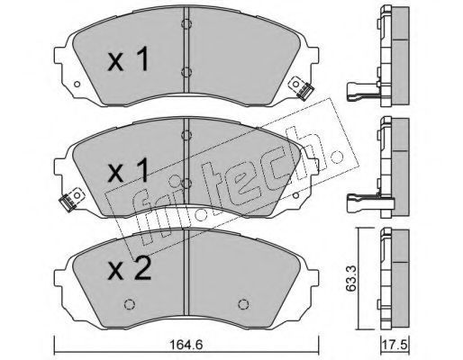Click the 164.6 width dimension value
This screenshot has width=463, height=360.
(186, 345)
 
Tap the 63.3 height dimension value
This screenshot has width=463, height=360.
(350, 278)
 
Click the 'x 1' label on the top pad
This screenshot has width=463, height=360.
(129, 58)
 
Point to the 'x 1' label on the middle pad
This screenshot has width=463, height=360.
(129, 170)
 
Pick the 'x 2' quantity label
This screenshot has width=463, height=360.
(130, 268)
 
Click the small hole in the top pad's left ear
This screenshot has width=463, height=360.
(77, 85)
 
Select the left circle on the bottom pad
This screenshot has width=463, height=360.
(130, 304)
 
